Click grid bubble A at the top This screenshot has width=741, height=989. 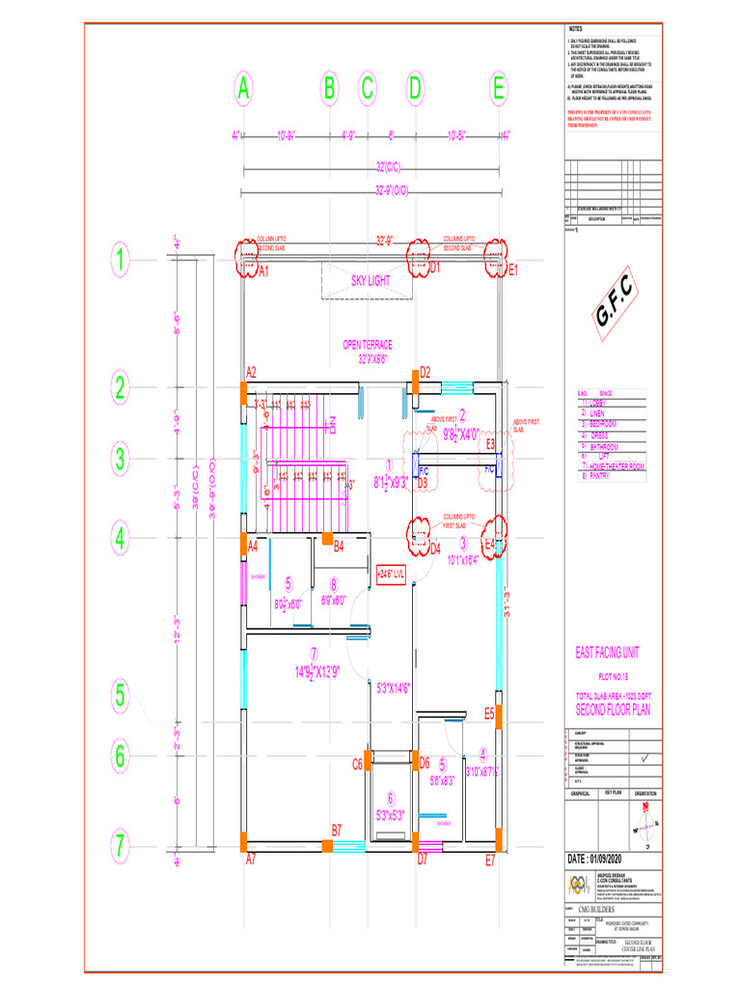pyautogui.click(x=244, y=90)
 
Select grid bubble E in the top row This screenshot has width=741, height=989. pyautogui.click(x=498, y=90)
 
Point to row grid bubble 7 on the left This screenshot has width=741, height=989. pyautogui.click(x=119, y=847)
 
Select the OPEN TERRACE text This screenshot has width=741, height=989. pyautogui.click(x=368, y=345)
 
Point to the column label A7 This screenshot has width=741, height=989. pyautogui.click(x=251, y=859)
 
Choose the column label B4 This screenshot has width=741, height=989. pyautogui.click(x=339, y=547)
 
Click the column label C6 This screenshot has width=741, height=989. pyautogui.click(x=357, y=764)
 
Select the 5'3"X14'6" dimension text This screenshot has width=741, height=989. pyautogui.click(x=394, y=689)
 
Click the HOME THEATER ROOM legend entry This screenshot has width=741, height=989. pyautogui.click(x=617, y=466)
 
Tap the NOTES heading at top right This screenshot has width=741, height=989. pyautogui.click(x=576, y=30)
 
